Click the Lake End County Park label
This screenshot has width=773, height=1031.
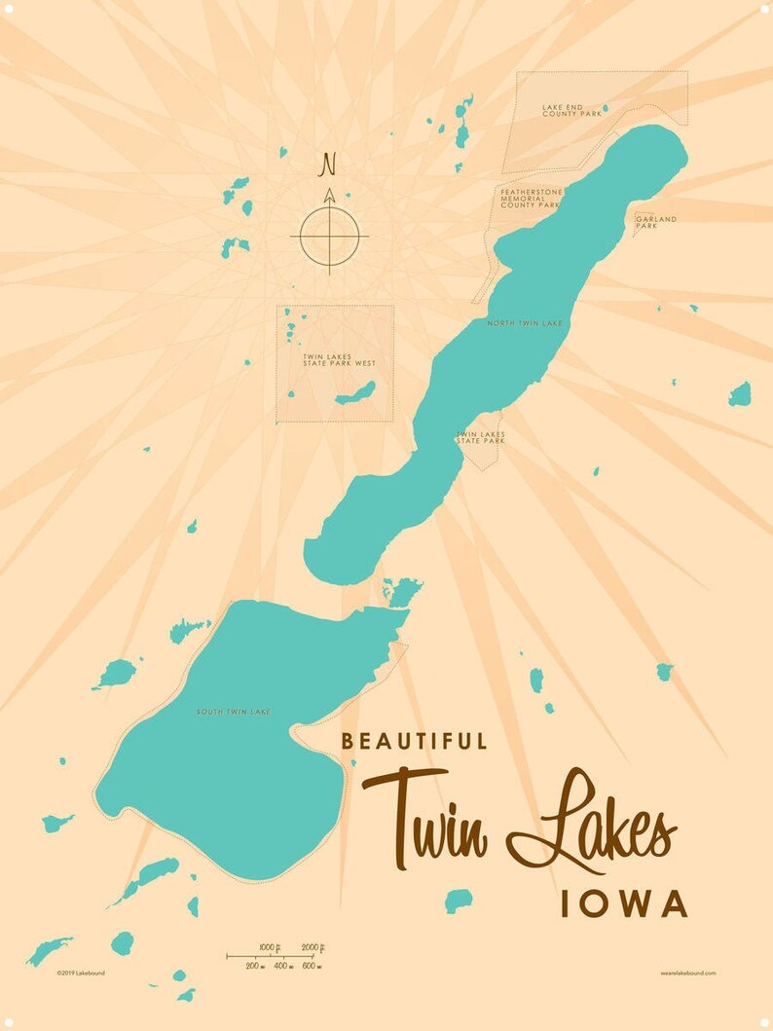click(x=571, y=111)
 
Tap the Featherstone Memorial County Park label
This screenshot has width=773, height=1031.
click(x=532, y=199)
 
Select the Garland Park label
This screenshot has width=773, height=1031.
click(x=655, y=222)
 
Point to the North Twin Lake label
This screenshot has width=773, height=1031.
click(x=525, y=322)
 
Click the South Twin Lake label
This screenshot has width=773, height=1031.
click(x=233, y=712)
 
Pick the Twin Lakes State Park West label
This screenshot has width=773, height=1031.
click(x=339, y=362)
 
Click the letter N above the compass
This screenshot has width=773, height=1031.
click(x=328, y=164)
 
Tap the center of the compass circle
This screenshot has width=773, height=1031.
click(x=329, y=235)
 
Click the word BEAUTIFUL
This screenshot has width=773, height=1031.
click(x=414, y=741)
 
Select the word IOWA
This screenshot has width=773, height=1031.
click(x=624, y=903)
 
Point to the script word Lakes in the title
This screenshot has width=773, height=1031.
click(x=594, y=823)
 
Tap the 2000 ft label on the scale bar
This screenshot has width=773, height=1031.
click(x=313, y=947)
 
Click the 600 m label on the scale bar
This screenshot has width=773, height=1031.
click(x=311, y=966)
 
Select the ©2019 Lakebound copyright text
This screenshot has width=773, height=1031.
click(x=80, y=973)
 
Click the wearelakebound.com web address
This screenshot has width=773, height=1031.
click(x=687, y=973)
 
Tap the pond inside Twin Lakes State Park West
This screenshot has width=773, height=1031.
click(x=354, y=394)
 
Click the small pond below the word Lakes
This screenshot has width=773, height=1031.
click(x=458, y=901)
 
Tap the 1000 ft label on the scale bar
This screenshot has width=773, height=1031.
click(x=271, y=947)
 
